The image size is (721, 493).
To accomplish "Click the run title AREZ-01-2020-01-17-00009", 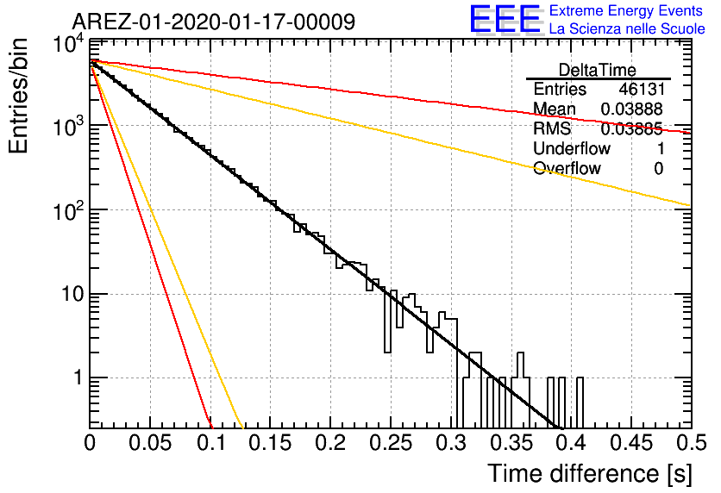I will pyautogui.click(x=213, y=22).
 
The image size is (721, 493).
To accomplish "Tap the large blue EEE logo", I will pyautogui.click(x=505, y=21).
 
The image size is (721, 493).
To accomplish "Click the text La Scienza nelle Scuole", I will pyautogui.click(x=627, y=29).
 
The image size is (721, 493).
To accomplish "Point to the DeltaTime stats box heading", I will pyautogui.click(x=597, y=69).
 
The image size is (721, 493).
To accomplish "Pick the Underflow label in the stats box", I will pyautogui.click(x=571, y=148).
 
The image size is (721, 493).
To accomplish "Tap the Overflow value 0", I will pyautogui.click(x=658, y=168).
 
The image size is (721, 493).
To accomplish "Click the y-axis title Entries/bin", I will pyautogui.click(x=22, y=97).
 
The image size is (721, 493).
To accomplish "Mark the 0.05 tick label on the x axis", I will pyautogui.click(x=151, y=444).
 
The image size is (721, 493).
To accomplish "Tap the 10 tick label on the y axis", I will pyautogui.click(x=67, y=294).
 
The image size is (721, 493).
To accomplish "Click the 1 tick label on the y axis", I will pyautogui.click(x=75, y=378).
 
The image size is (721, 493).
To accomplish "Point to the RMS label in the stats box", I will pyautogui.click(x=552, y=128).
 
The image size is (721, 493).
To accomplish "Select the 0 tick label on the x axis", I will pyautogui.click(x=91, y=444).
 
